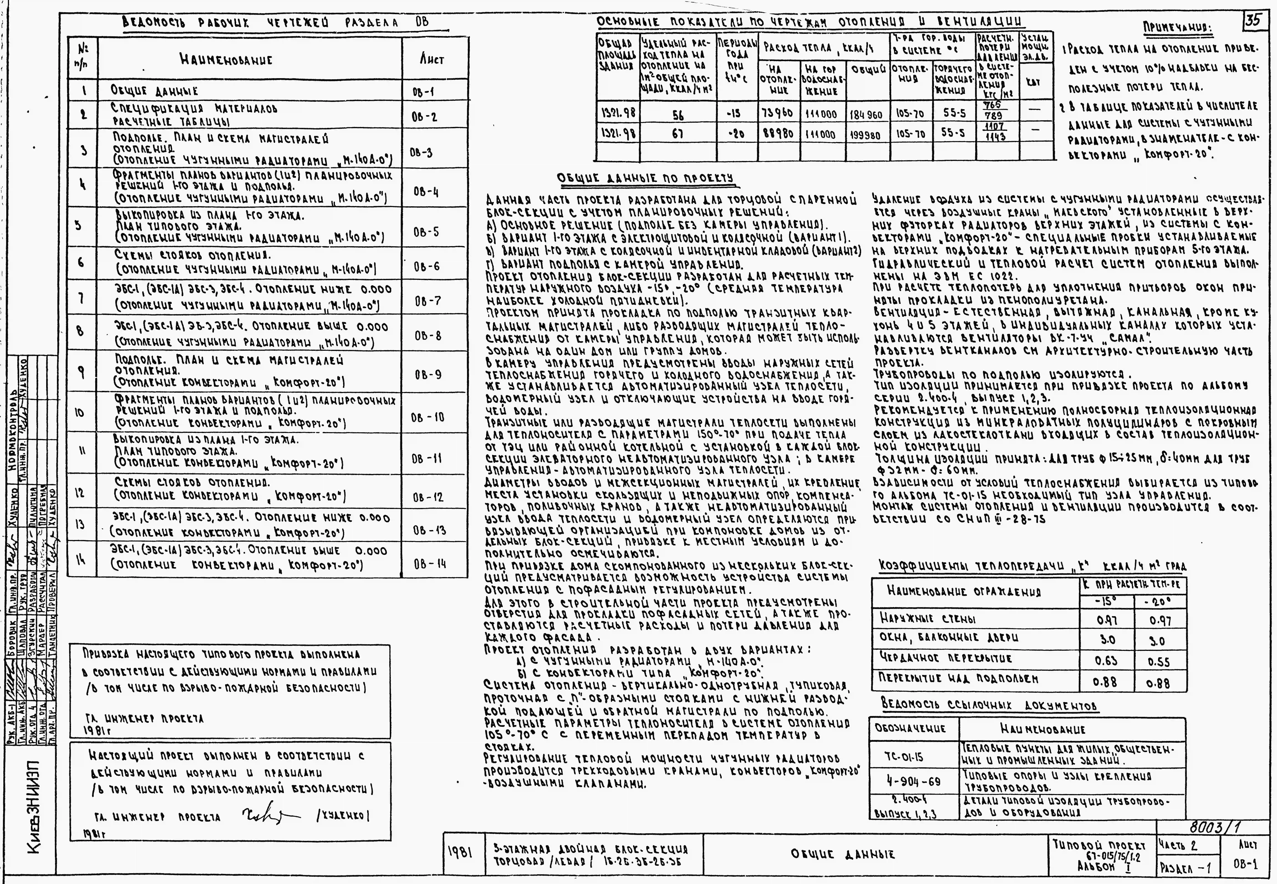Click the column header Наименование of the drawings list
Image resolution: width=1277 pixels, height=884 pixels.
(x=233, y=60)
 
